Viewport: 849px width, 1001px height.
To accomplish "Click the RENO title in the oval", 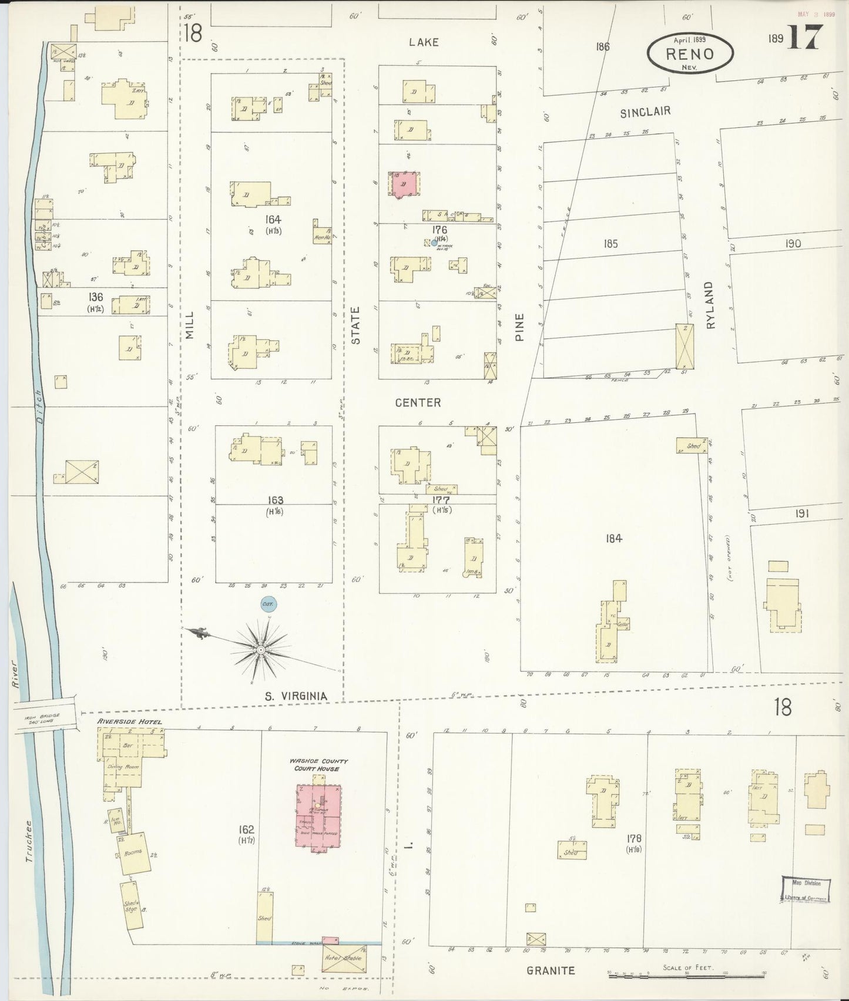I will point(690,54).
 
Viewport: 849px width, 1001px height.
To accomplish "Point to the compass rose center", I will point(260,650).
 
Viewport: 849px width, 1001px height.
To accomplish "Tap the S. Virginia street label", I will point(296,697).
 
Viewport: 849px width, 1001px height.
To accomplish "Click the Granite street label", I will point(551,970).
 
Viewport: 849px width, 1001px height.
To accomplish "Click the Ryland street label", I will point(709,304).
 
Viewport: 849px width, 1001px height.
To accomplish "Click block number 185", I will point(611,243).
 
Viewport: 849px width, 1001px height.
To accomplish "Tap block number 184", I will point(613,538).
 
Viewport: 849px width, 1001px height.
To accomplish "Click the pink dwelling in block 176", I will point(404,184).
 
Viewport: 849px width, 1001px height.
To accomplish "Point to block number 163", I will point(275,500).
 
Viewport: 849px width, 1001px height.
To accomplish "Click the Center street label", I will point(418,402).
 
